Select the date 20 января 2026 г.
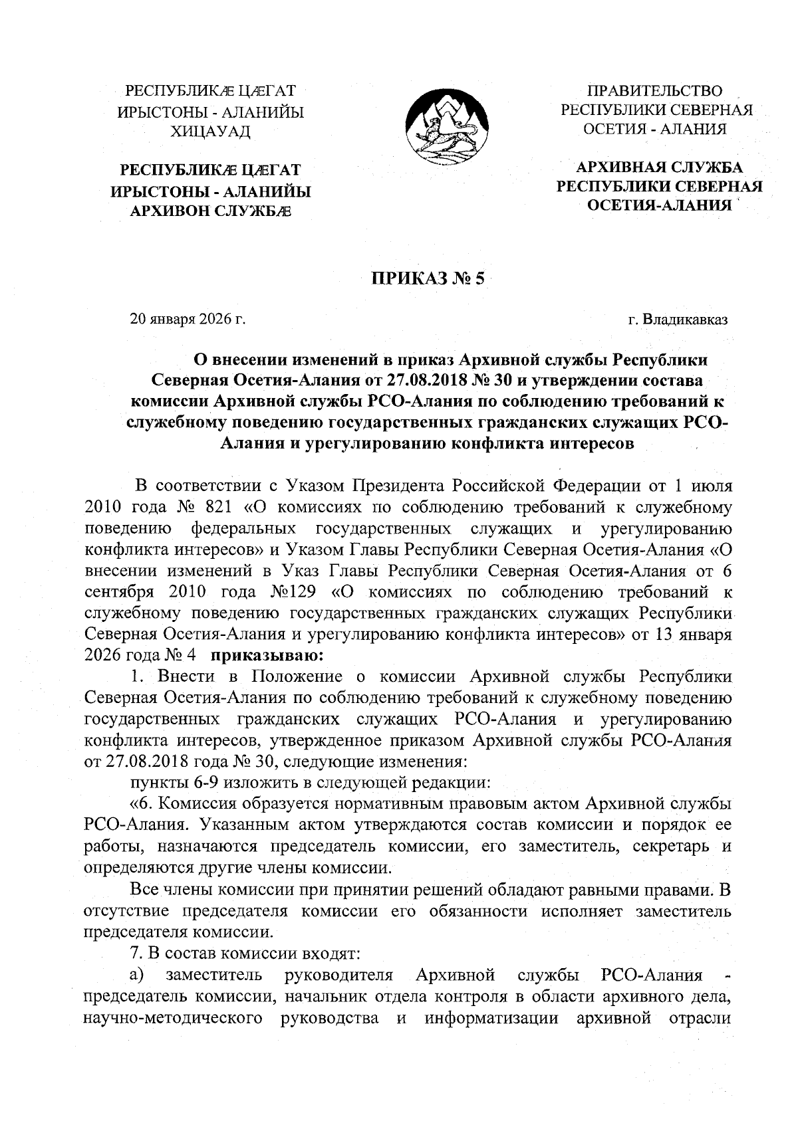point(188,320)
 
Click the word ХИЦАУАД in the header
point(211,132)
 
